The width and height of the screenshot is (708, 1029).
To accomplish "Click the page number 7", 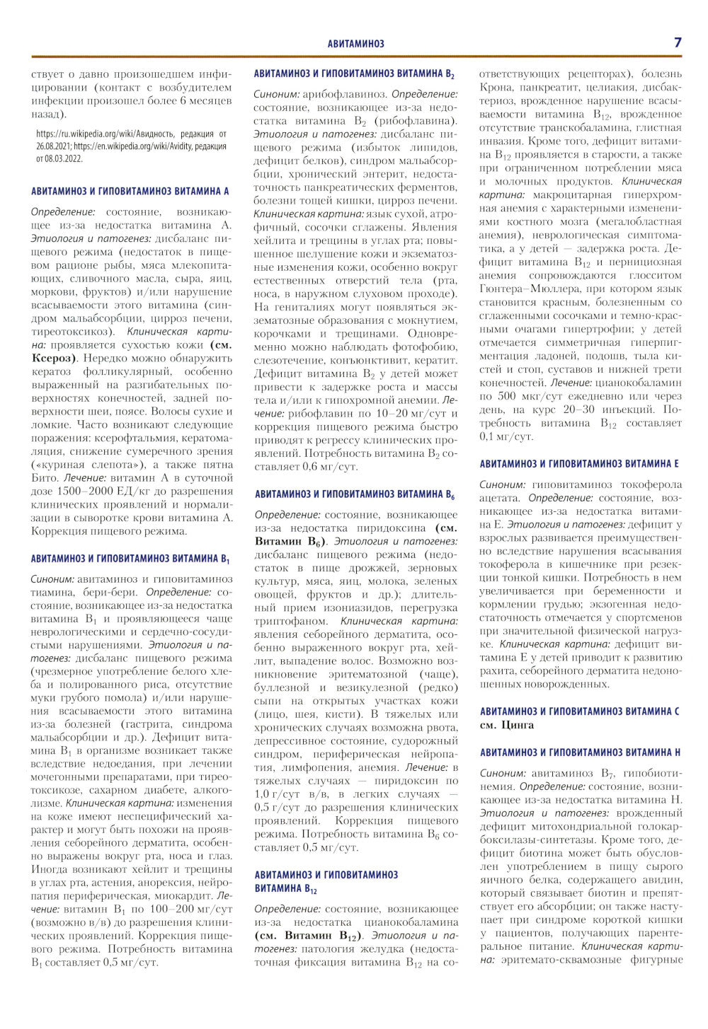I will pyautogui.click(x=678, y=42).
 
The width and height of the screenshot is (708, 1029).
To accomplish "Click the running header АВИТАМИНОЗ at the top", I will pyautogui.click(x=356, y=44).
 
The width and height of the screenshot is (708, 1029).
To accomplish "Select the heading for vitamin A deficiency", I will pyautogui.click(x=130, y=191).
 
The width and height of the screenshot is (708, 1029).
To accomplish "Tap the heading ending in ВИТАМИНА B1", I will pyautogui.click(x=130, y=559).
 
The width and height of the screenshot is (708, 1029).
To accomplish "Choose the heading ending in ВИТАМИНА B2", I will pyautogui.click(x=354, y=74).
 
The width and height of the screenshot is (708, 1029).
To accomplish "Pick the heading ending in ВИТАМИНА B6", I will pyautogui.click(x=354, y=494).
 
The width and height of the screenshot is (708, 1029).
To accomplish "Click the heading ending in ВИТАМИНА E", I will pyautogui.click(x=579, y=464).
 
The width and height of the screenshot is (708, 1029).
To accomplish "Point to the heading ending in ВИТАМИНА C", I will pyautogui.click(x=579, y=711).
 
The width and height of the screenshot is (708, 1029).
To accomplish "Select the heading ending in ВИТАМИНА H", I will pyautogui.click(x=580, y=752).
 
